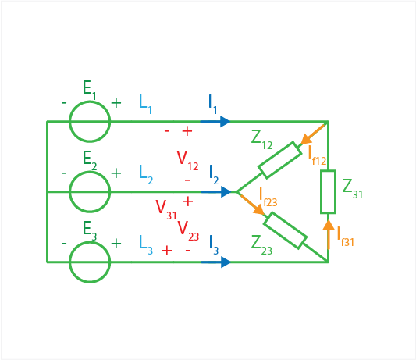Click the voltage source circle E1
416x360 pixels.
pos(90,102)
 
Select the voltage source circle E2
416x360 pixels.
pos(90,172)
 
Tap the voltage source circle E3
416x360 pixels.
pos(90,242)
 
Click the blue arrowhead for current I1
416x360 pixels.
pos(226,122)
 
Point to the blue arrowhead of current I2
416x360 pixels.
pos(226,191)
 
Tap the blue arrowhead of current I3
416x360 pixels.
pos(226,262)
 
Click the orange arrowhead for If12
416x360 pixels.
pos(306,139)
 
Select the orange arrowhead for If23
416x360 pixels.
pos(258,209)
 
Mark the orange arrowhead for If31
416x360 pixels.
pos(329,225)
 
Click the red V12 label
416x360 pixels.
pos(187,160)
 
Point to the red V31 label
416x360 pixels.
pos(166,210)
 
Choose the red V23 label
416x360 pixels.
pos(188,231)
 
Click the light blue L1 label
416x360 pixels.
pos(145,105)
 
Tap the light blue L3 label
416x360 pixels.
pos(146,245)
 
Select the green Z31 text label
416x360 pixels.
pos(352,189)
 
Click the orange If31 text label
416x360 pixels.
pos(345,237)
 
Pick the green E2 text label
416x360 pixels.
pos(90,161)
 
